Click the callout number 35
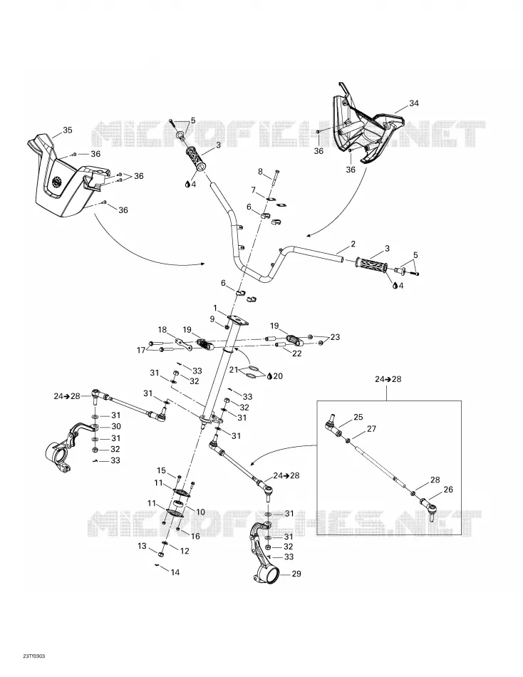click(68, 130)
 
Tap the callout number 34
click(414, 103)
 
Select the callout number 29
click(296, 574)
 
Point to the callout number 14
click(175, 572)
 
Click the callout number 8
click(260, 172)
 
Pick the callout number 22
click(296, 353)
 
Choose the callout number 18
click(162, 330)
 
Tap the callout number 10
click(200, 512)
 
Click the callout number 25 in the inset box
click(358, 417)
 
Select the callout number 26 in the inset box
click(448, 490)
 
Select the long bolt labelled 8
click(275, 180)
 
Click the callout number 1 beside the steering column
click(215, 308)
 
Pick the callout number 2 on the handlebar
click(353, 244)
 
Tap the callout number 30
click(115, 426)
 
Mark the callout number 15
click(161, 470)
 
